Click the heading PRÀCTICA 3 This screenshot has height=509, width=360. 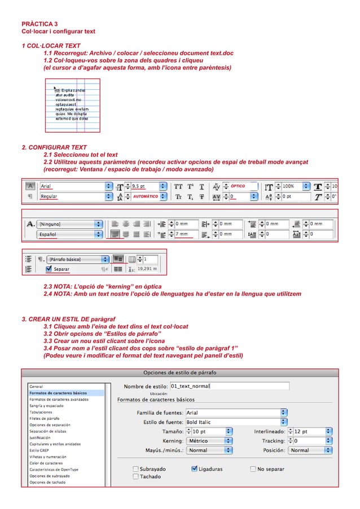tap(39, 24)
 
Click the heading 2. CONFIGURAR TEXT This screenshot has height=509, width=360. tap(54, 147)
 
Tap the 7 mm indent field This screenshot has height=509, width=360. tap(189, 234)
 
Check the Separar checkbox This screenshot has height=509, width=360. tap(48, 270)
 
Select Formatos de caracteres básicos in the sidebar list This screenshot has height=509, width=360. tap(58, 393)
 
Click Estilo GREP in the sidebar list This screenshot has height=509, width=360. tap(39, 450)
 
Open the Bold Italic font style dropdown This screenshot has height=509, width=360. tap(236, 422)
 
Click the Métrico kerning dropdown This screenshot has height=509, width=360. tap(209, 441)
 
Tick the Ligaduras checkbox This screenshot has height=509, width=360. tap(194, 468)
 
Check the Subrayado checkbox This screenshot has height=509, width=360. tap(135, 468)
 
